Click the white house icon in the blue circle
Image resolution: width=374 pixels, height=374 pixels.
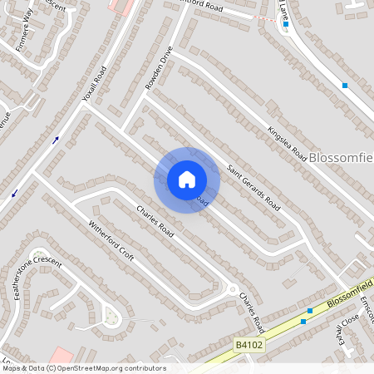pyautogui.click(x=187, y=180)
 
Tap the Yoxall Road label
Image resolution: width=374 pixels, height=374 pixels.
pyautogui.click(x=94, y=83)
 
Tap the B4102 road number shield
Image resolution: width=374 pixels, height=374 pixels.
pyautogui.click(x=249, y=345)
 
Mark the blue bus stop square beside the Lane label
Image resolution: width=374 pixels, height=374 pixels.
pyautogui.click(x=285, y=24)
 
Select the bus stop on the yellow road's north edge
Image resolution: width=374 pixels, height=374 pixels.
pyautogui.click(x=309, y=310)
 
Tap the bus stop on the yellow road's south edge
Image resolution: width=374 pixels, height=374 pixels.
pyautogui.click(x=303, y=321)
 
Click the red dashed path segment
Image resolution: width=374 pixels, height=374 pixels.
pyautogui.click(x=264, y=17)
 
